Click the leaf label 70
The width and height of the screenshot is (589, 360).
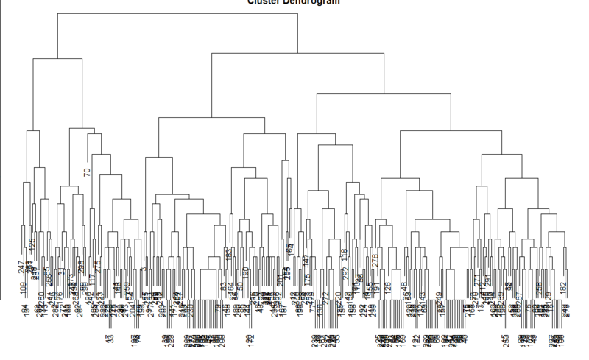click(87, 174)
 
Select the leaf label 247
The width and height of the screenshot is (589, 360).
click(21, 267)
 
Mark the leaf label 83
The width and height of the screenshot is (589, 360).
click(224, 287)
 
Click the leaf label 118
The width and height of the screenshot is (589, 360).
click(345, 256)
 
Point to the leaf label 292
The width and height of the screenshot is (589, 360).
click(345, 278)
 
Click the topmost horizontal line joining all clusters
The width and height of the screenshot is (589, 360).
click(177, 14)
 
